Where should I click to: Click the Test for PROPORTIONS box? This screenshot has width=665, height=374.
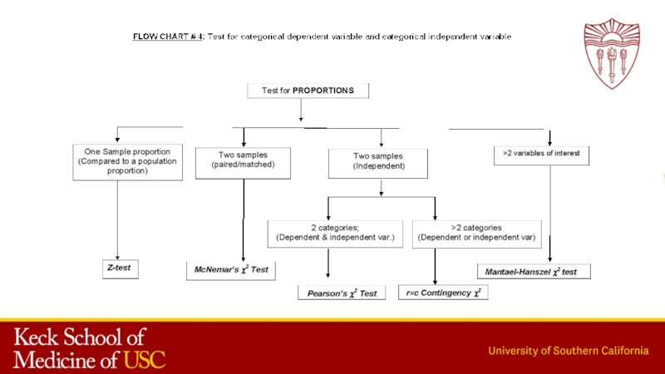(x=308, y=91)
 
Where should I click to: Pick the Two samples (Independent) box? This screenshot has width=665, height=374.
(x=379, y=161)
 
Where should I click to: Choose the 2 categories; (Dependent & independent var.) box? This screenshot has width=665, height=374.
(x=334, y=233)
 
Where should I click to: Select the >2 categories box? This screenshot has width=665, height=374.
(x=476, y=233)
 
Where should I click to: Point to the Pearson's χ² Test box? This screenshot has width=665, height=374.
(x=341, y=293)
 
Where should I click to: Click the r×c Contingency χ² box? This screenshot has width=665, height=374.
(x=444, y=293)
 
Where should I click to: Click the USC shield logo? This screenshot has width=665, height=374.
(x=612, y=52)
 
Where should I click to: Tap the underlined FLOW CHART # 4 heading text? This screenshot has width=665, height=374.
(x=169, y=37)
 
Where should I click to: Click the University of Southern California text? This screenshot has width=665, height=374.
(x=569, y=350)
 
